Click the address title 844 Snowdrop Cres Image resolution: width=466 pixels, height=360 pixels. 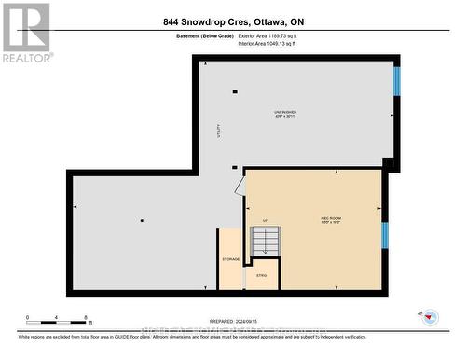[232, 21]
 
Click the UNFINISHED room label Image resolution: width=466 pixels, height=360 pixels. [285, 111]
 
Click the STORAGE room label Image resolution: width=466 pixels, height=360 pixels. [230, 258]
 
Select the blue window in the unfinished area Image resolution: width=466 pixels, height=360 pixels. [397, 81]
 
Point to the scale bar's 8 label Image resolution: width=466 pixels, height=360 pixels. [86, 317]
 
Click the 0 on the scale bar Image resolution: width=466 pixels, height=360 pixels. [28, 317]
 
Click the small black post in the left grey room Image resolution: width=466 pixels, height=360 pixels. [142, 220]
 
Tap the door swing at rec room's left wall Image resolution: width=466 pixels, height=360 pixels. [240, 187]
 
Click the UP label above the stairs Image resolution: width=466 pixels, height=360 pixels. [265, 220]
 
